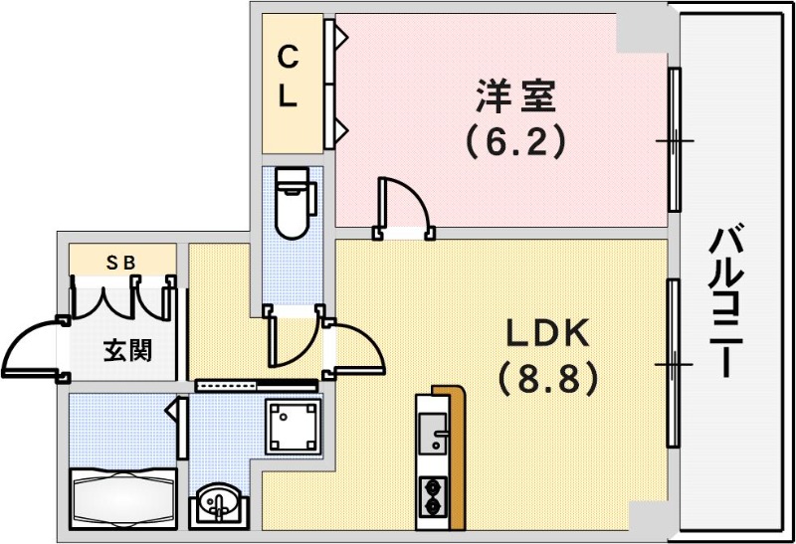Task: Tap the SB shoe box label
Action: tap(121, 262)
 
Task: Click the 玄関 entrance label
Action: tap(127, 350)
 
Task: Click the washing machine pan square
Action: tap(293, 426)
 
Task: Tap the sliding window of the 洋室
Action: tap(675, 139)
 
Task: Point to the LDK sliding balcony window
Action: tap(674, 364)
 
